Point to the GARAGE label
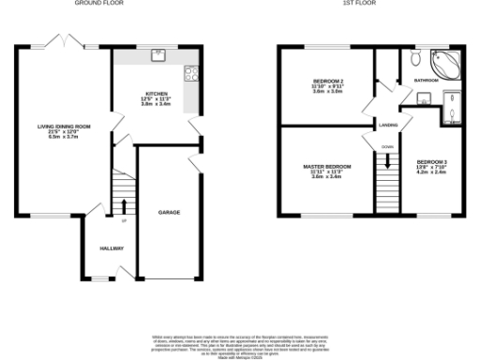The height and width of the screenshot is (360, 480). [170, 213]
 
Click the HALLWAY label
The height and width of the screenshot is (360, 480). [112, 248]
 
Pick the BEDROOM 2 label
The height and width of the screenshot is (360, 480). [329, 82]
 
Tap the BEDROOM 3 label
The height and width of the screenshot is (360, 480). [432, 162]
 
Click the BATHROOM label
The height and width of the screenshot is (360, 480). [426, 81]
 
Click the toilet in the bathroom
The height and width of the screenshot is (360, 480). [413, 59]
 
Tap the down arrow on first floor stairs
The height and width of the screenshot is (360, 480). [386, 156]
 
